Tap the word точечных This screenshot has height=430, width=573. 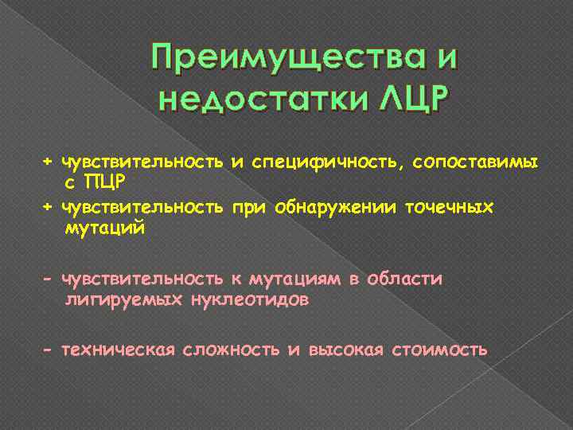tap(449, 208)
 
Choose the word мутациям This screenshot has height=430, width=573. tap(294, 279)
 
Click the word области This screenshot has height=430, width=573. tap(407, 279)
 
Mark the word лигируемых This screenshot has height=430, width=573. tap(119, 300)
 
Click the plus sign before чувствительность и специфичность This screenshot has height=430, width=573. tap(48, 162)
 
